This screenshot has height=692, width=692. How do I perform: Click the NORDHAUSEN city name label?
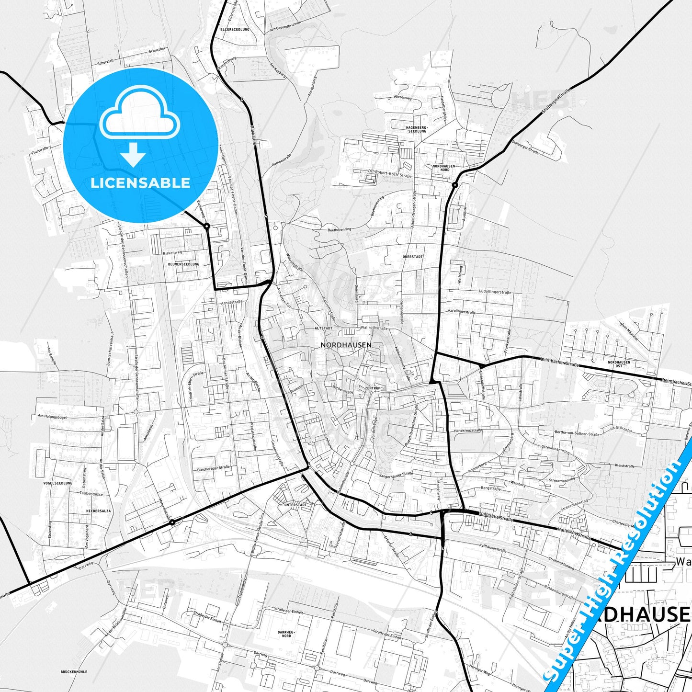point(346,345)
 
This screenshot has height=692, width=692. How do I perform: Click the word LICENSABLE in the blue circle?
point(140,183)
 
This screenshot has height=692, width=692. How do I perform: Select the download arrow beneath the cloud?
point(133,154)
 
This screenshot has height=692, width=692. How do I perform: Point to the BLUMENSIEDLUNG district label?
point(183,264)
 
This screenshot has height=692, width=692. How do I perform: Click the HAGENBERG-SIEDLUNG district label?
point(416,129)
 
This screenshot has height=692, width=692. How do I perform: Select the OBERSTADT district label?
point(413,257)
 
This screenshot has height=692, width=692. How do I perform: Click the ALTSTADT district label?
point(323,329)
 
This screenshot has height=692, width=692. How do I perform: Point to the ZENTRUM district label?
point(373,388)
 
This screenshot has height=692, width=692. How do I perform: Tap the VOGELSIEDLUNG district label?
point(57,483)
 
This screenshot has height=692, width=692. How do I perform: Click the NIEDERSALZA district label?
point(98,511)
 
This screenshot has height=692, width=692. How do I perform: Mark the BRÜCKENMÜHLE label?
point(74,671)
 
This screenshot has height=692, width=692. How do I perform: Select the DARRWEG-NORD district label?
point(286,634)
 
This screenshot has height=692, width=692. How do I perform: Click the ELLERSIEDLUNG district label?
point(235,29)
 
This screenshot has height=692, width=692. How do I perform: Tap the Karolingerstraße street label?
point(462,312)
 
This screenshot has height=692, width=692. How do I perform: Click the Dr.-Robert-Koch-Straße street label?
point(390,176)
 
